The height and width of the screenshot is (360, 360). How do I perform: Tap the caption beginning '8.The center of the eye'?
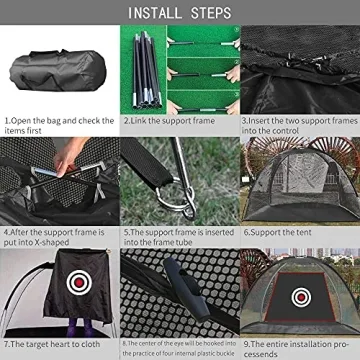coord(179,347)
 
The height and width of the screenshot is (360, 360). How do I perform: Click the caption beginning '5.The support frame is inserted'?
coord(179,236)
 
